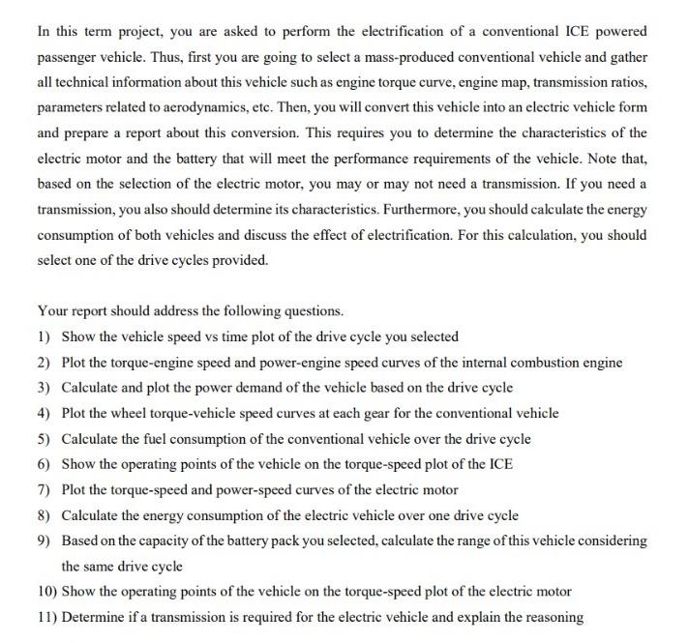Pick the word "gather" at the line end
click(x=627, y=57)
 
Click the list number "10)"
click(x=47, y=591)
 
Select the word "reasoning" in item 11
click(x=553, y=617)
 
